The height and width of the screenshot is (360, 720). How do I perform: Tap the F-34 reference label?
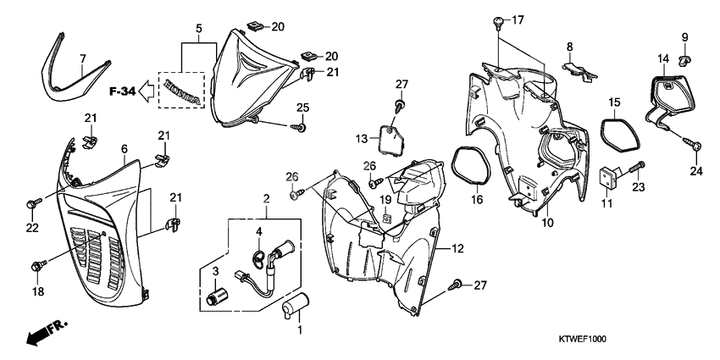tap(122, 88)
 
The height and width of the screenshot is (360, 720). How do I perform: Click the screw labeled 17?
tap(499, 20)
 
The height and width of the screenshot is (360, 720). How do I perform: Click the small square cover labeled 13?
tap(389, 137)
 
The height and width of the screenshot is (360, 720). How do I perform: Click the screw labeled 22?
tap(33, 202)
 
